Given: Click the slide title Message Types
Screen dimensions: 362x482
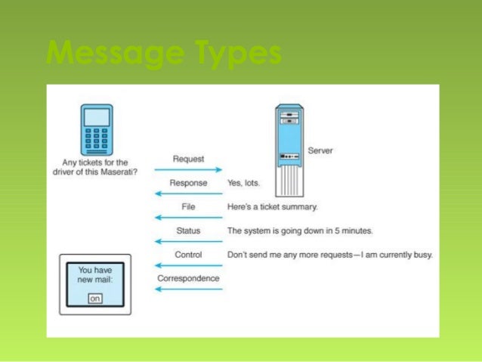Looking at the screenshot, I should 163,54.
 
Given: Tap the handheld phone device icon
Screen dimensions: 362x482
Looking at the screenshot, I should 97,129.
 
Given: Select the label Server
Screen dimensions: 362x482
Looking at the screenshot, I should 320,151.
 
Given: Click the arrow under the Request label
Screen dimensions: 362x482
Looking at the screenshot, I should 188,170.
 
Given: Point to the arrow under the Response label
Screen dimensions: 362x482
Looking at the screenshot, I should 188,194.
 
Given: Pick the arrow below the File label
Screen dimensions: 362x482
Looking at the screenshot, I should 188,218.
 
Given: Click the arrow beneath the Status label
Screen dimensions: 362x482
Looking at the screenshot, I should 188,242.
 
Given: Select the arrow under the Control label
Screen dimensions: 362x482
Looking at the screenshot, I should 188,265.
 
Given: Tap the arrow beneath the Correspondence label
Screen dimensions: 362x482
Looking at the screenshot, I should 188,289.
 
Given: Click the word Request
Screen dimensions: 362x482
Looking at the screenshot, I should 188,159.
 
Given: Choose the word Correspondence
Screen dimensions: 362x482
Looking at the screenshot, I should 188,278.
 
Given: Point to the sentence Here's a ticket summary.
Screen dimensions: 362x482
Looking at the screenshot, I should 273,206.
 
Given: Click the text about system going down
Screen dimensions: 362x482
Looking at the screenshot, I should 299,231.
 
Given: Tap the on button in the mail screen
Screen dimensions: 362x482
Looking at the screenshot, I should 95,299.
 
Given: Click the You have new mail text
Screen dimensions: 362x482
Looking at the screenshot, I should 95,276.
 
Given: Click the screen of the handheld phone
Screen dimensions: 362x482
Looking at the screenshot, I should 97,117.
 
